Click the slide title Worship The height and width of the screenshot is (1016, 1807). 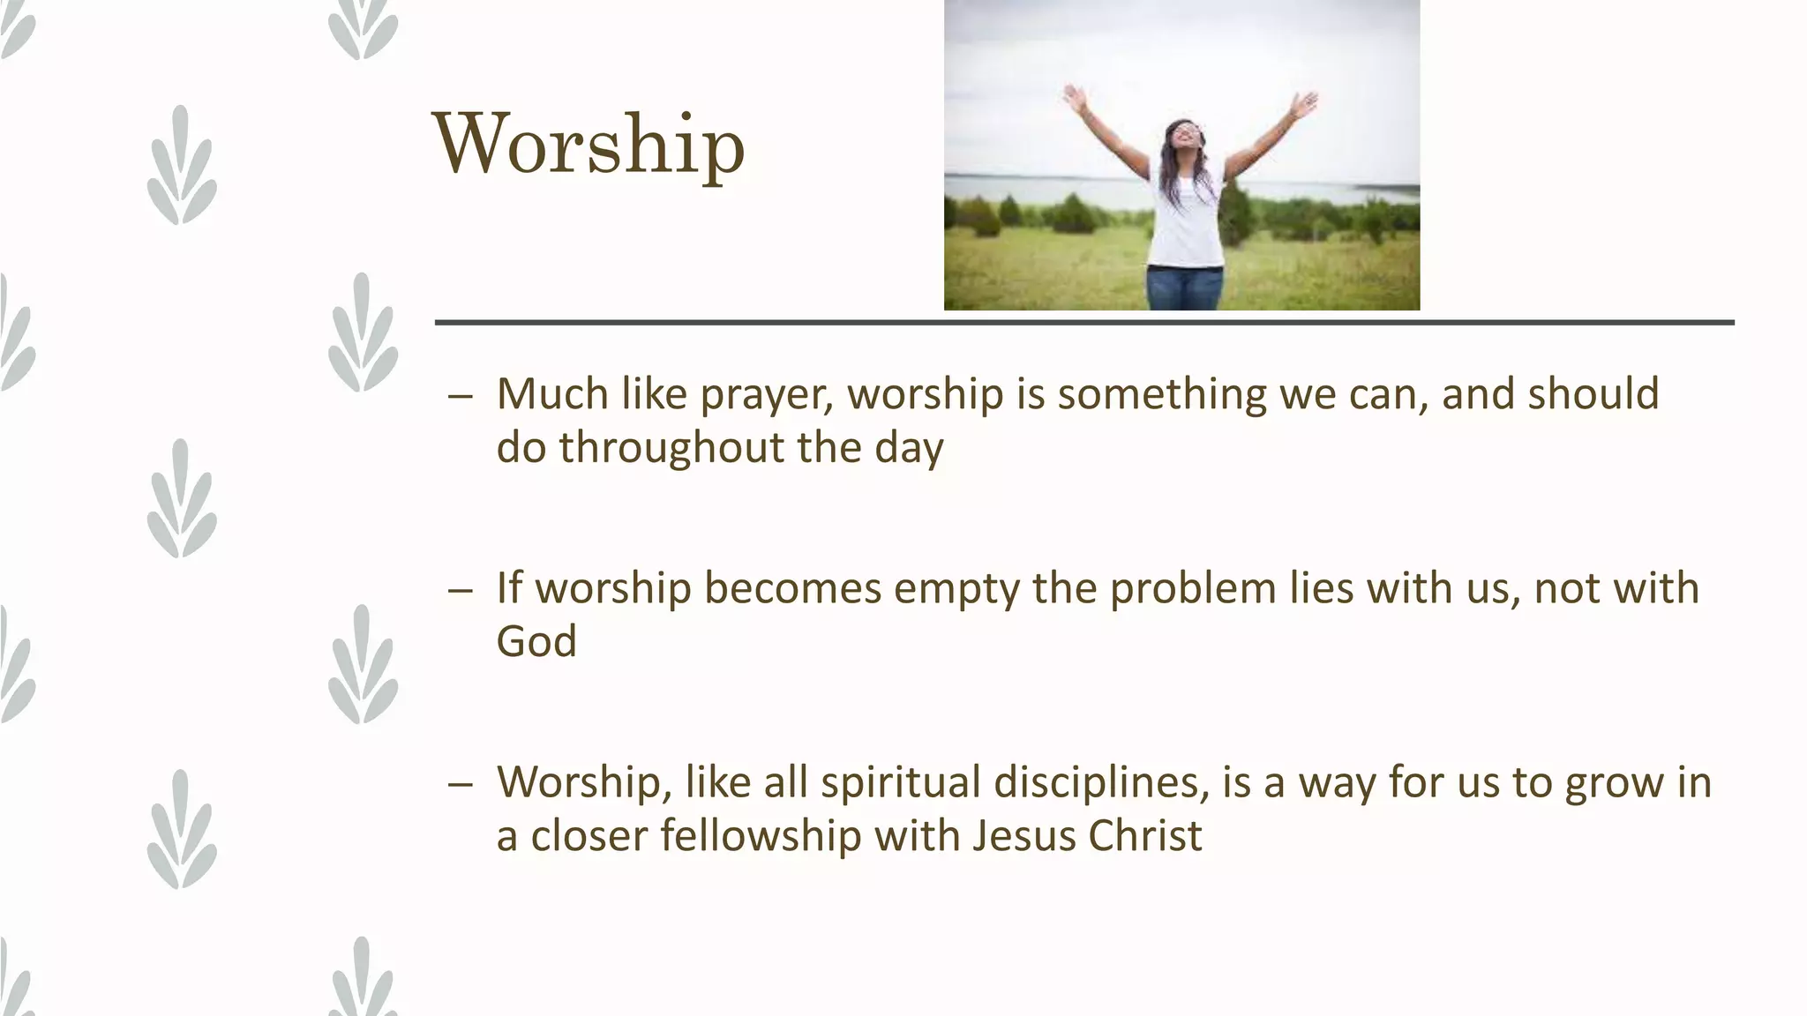pyautogui.click(x=589, y=146)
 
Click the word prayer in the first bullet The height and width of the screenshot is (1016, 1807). pyautogui.click(x=766, y=394)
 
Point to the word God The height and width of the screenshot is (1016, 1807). pyautogui.click(x=536, y=641)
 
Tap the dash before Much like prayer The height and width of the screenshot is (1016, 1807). pyautogui.click(x=460, y=396)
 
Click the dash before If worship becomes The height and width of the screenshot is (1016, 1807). pyautogui.click(x=460, y=590)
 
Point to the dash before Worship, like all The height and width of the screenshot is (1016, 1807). pyautogui.click(x=460, y=784)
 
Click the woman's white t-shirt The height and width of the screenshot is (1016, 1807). pyautogui.click(x=1187, y=220)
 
